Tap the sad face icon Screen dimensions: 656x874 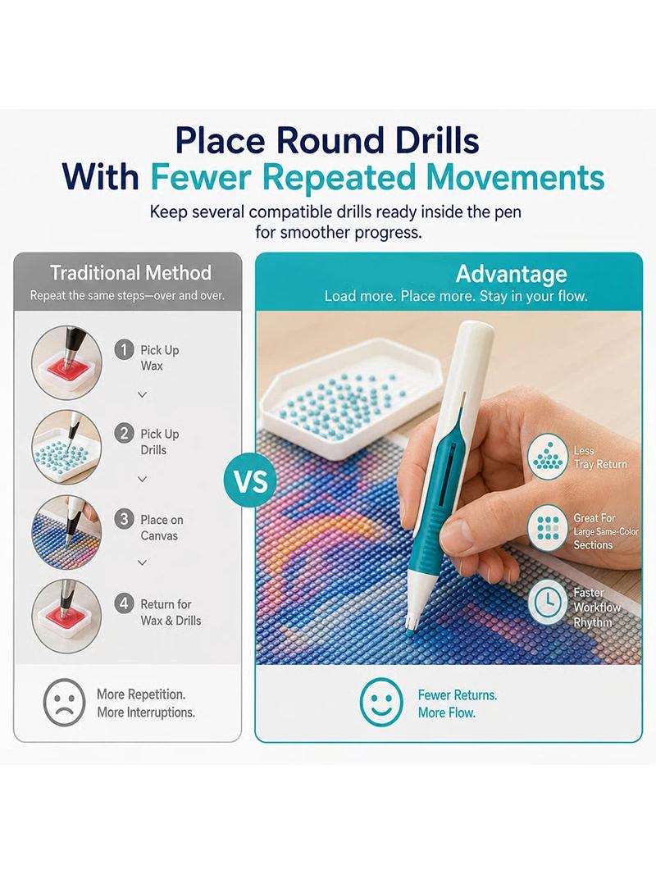(x=65, y=703)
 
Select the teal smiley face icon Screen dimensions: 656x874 (x=381, y=702)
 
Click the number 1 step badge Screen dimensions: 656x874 (x=124, y=351)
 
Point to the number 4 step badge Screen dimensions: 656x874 (x=124, y=603)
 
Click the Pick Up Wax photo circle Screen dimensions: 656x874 (x=67, y=363)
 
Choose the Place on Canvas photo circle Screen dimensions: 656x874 (x=67, y=532)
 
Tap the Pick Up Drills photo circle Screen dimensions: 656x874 (x=67, y=448)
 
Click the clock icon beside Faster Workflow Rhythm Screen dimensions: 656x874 (x=547, y=602)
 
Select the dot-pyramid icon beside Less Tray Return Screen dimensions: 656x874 (x=547, y=457)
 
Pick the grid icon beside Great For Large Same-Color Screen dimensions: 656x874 (x=547, y=528)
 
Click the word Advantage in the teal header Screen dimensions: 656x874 (x=511, y=274)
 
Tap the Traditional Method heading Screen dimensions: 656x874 (x=131, y=273)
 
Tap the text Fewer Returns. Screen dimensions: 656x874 (x=457, y=695)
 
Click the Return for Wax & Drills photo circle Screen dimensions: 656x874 (x=67, y=616)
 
